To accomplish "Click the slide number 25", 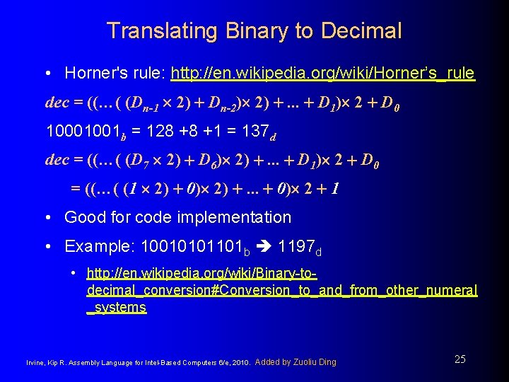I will (460, 359).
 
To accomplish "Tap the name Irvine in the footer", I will (35, 363).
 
